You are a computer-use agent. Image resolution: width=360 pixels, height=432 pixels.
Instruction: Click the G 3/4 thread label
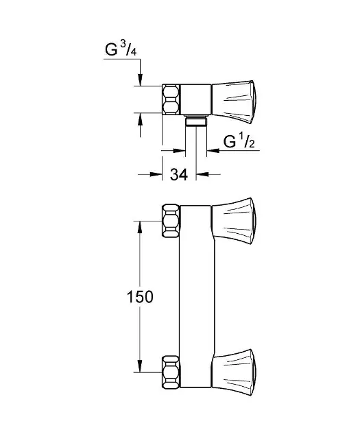121,49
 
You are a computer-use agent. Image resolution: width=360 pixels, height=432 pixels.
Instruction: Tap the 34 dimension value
179,174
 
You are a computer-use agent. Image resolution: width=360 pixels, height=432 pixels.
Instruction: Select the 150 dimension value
140,297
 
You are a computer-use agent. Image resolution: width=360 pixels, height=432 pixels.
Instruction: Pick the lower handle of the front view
234,372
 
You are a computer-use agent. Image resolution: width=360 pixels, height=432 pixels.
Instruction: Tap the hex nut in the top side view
171,99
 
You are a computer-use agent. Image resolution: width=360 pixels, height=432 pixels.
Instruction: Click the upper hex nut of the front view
171,221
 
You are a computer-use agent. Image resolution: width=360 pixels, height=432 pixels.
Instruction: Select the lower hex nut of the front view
171,372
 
